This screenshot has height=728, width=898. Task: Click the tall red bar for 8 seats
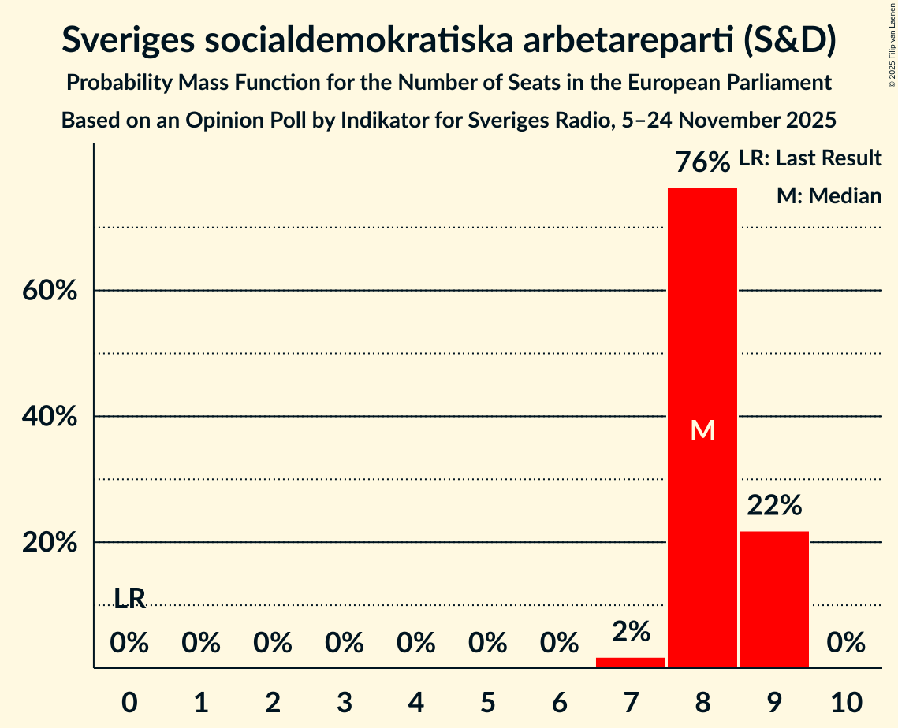point(702,331)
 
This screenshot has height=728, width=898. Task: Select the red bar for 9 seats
point(774,599)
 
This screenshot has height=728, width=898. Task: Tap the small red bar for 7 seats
point(631,663)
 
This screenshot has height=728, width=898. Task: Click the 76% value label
point(702,163)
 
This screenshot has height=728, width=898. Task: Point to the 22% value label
point(774,506)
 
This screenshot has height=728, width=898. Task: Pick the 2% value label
point(631,631)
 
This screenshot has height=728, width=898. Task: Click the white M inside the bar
point(702,430)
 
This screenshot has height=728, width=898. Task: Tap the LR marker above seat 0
point(130,599)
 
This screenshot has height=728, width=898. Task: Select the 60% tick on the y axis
point(50,291)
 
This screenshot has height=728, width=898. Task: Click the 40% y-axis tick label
point(50,417)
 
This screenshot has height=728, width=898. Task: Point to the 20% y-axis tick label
point(50,543)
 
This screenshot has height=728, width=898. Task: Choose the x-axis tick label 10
point(846,701)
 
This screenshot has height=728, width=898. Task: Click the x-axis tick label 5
point(488,701)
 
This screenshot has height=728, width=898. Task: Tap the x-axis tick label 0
point(130,701)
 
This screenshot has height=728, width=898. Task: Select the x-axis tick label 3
point(345,701)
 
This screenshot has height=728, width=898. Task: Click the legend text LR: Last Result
point(810,158)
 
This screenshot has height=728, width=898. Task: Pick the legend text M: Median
point(829,195)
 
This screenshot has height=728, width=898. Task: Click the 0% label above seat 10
point(846,644)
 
